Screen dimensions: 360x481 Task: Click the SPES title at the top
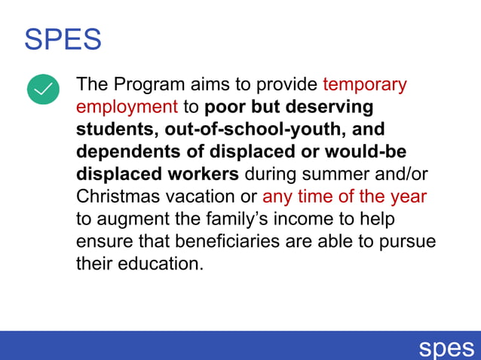(x=63, y=39)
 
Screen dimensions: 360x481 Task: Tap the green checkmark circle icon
(x=43, y=89)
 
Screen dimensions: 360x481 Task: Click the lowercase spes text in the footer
(x=447, y=347)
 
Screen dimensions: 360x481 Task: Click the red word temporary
(x=364, y=84)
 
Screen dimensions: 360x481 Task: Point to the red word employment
(x=127, y=106)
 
